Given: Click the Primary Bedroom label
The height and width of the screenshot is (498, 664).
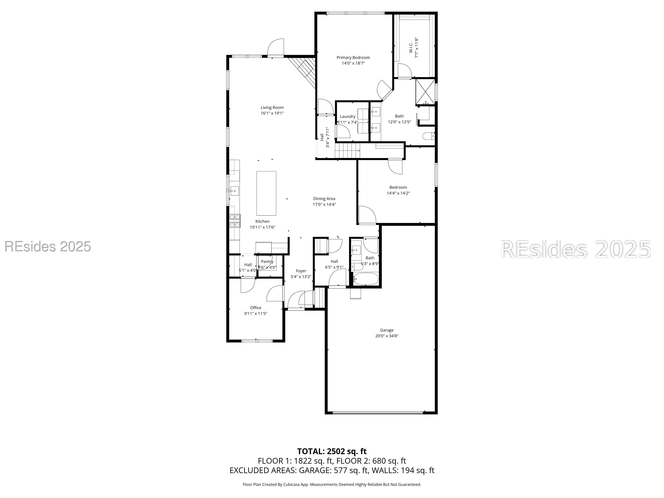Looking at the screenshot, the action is (353, 58).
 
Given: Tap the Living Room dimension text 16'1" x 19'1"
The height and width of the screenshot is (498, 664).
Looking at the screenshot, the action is (272, 113).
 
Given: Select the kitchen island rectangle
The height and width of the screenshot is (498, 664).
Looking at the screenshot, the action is (266, 193).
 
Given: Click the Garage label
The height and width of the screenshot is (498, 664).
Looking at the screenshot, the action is (387, 330).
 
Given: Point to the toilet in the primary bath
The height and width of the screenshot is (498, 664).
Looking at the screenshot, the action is (428, 136).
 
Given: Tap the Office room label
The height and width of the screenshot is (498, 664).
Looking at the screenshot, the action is (256, 308).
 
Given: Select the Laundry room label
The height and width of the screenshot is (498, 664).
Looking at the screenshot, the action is (348, 117).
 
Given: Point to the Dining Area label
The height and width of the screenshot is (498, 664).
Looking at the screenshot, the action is (324, 199).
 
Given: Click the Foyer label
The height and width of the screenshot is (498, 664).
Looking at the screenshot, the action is (301, 271).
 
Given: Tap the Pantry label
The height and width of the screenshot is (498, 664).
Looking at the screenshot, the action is (267, 262).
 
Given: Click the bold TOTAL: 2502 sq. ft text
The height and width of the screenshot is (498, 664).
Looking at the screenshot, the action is (332, 452).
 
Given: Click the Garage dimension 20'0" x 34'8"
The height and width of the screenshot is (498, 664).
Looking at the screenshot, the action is (387, 336).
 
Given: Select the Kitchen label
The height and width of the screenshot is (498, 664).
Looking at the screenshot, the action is (262, 222).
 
